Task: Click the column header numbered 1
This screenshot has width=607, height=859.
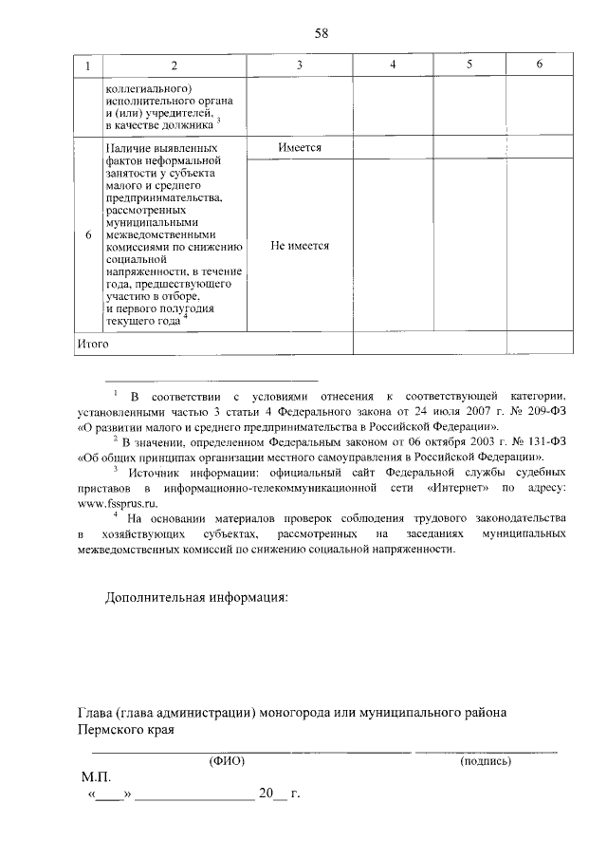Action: [87, 65]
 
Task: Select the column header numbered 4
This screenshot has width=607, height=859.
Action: [393, 65]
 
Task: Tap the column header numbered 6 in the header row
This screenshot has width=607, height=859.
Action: [539, 65]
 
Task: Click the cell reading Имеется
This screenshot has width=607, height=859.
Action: [300, 149]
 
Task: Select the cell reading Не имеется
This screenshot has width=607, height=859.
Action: [300, 245]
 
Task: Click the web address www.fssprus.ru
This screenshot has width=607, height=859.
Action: [117, 503]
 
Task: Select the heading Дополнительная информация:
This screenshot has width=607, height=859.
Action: [195, 599]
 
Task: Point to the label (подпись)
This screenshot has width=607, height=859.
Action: [485, 760]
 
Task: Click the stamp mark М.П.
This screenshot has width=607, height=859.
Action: [97, 776]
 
